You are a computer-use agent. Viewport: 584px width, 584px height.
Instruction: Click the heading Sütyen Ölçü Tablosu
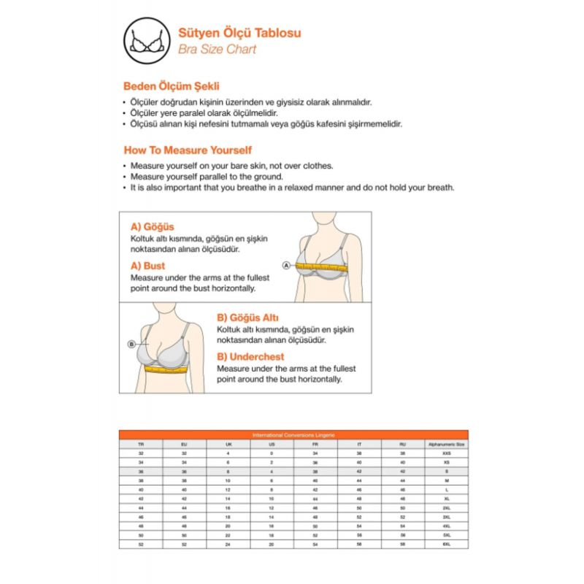click(x=239, y=33)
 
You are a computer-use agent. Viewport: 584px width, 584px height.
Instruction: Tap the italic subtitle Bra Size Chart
click(x=217, y=50)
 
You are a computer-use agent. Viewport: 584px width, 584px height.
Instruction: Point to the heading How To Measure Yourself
click(x=188, y=150)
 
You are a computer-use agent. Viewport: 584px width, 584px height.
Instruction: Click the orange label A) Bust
click(x=147, y=266)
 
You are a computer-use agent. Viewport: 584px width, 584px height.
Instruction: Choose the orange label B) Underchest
click(x=250, y=357)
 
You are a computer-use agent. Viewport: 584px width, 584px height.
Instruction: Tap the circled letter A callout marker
click(x=286, y=265)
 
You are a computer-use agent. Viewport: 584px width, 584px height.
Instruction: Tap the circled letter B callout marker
click(x=132, y=343)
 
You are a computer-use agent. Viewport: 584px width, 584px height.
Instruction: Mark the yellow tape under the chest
click(x=166, y=369)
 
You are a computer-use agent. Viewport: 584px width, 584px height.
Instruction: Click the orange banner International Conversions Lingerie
click(x=293, y=434)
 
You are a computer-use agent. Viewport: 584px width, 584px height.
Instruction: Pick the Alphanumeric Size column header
click(x=446, y=444)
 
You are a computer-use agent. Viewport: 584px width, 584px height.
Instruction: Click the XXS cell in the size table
click(x=446, y=453)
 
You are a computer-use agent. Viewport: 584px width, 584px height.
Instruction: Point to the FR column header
click(x=315, y=444)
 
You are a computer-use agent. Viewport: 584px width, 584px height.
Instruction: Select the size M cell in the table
click(x=446, y=481)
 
